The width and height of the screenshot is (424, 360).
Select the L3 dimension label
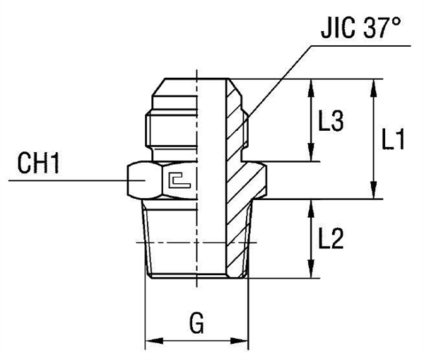tap(330, 122)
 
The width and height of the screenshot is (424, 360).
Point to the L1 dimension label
tap(392, 141)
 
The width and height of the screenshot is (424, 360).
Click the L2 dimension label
tap(330, 240)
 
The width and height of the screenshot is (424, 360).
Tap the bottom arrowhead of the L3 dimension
tap(310, 156)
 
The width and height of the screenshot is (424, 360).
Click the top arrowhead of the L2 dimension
tap(310, 206)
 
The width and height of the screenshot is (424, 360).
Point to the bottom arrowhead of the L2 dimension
tap(310, 271)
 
